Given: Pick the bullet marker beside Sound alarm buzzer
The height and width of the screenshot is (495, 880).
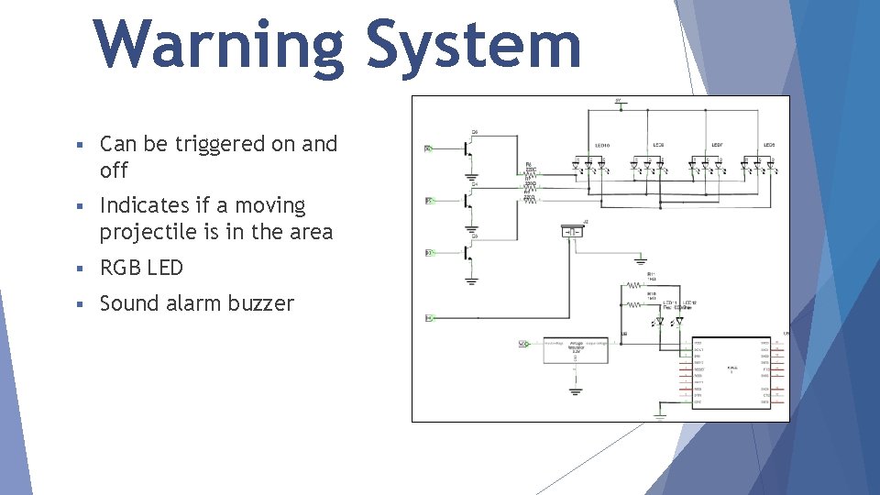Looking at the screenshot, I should [81, 303].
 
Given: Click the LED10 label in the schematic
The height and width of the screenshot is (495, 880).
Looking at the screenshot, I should [602, 145].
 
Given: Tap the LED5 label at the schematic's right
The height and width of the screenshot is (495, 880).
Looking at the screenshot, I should [769, 145].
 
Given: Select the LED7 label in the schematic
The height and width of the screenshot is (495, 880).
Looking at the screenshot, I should [716, 145].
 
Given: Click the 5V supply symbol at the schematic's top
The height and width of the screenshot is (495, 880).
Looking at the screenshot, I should [620, 104].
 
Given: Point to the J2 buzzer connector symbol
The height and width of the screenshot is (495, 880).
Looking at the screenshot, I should [573, 232].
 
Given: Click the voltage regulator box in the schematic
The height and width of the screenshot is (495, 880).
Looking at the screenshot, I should [575, 349].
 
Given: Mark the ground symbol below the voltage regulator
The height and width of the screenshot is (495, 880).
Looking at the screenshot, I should [575, 390].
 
